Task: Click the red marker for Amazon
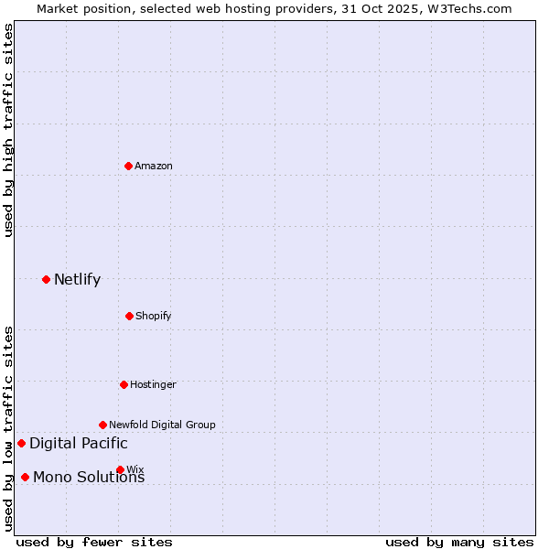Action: pyautogui.click(x=128, y=166)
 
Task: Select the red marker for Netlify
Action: pyautogui.click(x=46, y=279)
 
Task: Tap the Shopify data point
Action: pyautogui.click(x=129, y=316)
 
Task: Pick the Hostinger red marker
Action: pyautogui.click(x=124, y=384)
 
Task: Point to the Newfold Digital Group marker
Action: pyautogui.click(x=102, y=425)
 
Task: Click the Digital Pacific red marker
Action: pyautogui.click(x=21, y=444)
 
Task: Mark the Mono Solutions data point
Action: pyautogui.click(x=25, y=477)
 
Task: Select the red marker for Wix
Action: pyautogui.click(x=120, y=469)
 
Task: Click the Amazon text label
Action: pyautogui.click(x=154, y=166)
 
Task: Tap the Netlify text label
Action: pyautogui.click(x=77, y=279)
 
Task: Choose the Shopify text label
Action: pyautogui.click(x=154, y=316)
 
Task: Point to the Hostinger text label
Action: pyautogui.click(x=153, y=384)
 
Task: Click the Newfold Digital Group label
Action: pyautogui.click(x=162, y=425)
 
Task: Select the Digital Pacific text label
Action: pyautogui.click(x=79, y=444)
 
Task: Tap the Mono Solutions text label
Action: pyautogui.click(x=89, y=478)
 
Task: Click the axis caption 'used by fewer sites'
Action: pyautogui.click(x=94, y=542)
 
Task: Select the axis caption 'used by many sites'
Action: pyautogui.click(x=459, y=542)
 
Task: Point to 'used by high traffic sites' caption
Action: pyautogui.click(x=8, y=130)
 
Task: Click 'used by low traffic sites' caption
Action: pyautogui.click(x=8, y=427)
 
